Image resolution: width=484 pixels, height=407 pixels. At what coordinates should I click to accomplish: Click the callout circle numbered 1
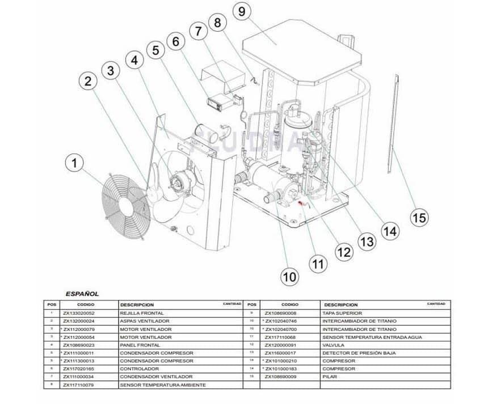click(x=74, y=164)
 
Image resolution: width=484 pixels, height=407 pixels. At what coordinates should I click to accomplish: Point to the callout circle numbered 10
click(x=289, y=277)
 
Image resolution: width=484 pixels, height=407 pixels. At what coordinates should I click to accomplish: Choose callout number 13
click(x=367, y=241)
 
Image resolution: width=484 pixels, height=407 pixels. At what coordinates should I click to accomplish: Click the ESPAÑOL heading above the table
click(x=82, y=294)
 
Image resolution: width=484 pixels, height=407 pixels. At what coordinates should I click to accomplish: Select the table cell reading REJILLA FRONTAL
click(x=141, y=313)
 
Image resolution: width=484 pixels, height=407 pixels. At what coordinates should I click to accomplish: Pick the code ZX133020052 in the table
click(x=79, y=313)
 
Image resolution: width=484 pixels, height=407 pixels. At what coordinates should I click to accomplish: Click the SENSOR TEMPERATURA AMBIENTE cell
click(x=162, y=384)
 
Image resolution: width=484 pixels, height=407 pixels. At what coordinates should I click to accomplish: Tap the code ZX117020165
click(x=79, y=368)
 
